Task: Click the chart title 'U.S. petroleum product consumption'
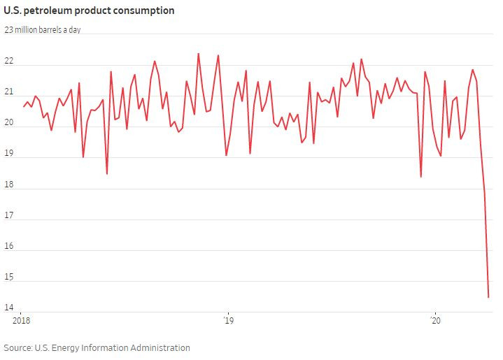tap(89, 10)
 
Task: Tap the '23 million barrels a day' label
tap(43, 30)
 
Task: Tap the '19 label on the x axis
tap(228, 322)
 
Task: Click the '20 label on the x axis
tap(436, 322)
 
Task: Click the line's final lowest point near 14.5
tap(488, 298)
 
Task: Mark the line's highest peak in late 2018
tap(198, 53)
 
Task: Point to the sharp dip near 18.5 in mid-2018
tap(107, 173)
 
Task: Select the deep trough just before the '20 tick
tap(420, 177)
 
